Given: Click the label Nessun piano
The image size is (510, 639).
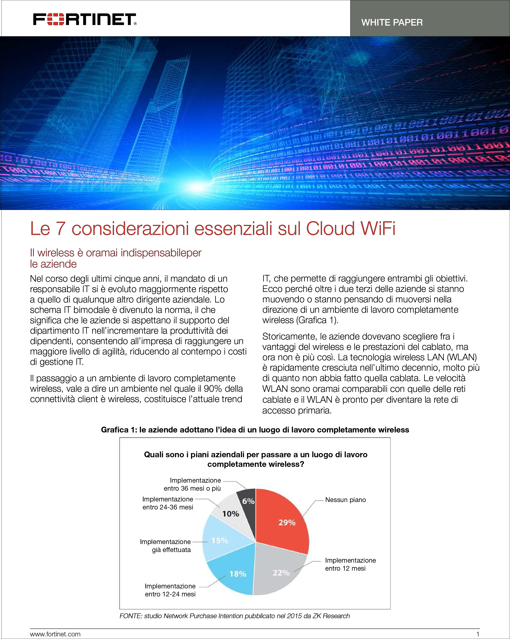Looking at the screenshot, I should (345, 500).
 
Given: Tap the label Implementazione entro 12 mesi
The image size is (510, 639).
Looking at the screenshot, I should (350, 564).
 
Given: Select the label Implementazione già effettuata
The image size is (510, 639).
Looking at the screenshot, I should (165, 546).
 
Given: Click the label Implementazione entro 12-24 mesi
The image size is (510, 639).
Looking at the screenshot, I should (170, 590).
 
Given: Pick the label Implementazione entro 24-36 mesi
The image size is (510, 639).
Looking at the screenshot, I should (168, 503).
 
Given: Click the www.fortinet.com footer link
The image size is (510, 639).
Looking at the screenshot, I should (55, 634).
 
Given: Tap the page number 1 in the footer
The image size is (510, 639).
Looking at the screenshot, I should (477, 634).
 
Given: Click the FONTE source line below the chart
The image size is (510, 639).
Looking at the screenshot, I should (235, 616).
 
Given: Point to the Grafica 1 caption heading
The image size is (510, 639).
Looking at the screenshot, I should (255, 430).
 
